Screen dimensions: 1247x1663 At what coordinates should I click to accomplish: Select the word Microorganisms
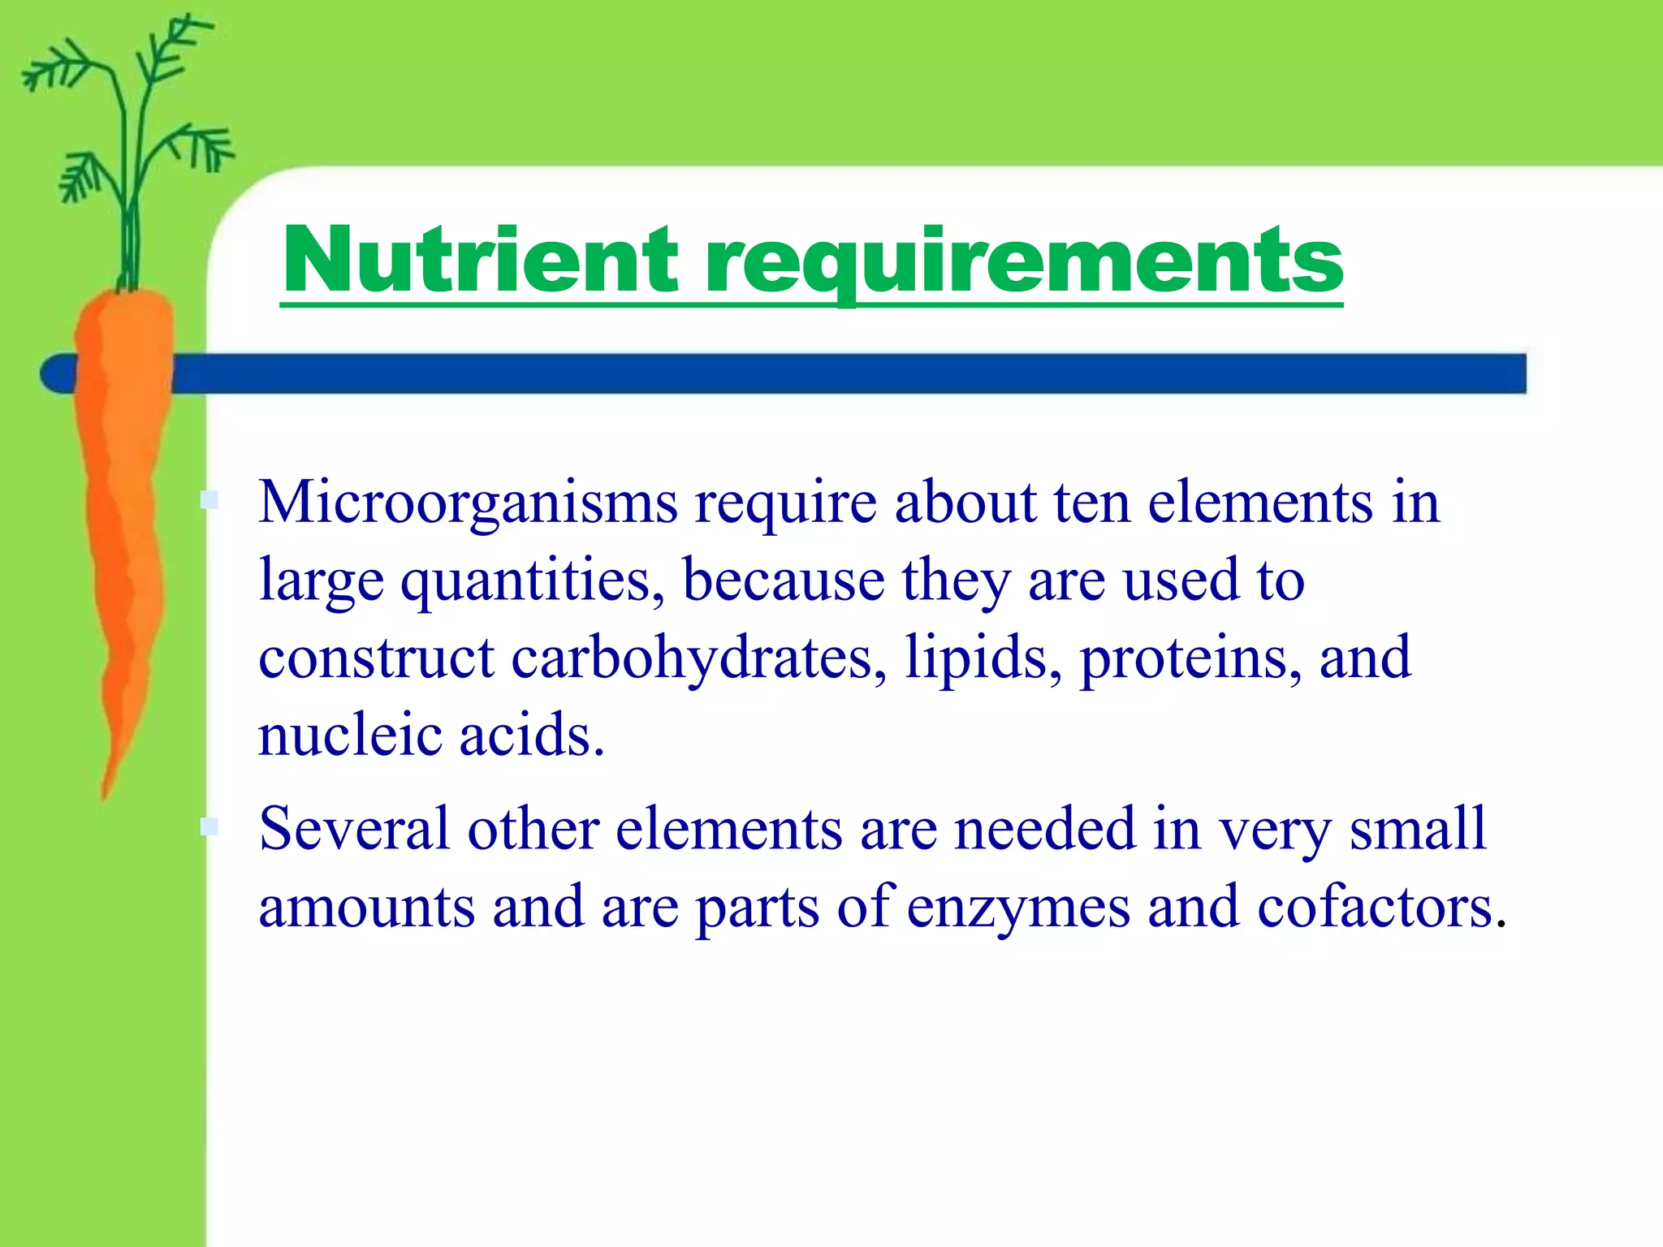[468, 503]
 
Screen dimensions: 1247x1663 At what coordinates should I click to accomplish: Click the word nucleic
[349, 735]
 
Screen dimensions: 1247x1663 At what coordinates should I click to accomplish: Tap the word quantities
[533, 581]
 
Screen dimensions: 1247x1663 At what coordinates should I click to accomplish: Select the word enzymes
[1018, 907]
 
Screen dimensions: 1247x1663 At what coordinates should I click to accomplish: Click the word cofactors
[1376, 907]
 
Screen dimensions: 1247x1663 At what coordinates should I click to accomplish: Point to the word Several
[354, 829]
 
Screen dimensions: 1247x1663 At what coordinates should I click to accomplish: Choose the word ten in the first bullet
[1092, 503]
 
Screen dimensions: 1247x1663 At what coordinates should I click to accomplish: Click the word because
[784, 580]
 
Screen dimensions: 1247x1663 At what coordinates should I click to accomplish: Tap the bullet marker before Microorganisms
[209, 500]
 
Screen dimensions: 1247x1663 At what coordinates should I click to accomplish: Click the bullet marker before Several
[209, 827]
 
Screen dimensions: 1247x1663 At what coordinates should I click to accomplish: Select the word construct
[376, 658]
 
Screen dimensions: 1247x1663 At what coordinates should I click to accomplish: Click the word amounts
[366, 907]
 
